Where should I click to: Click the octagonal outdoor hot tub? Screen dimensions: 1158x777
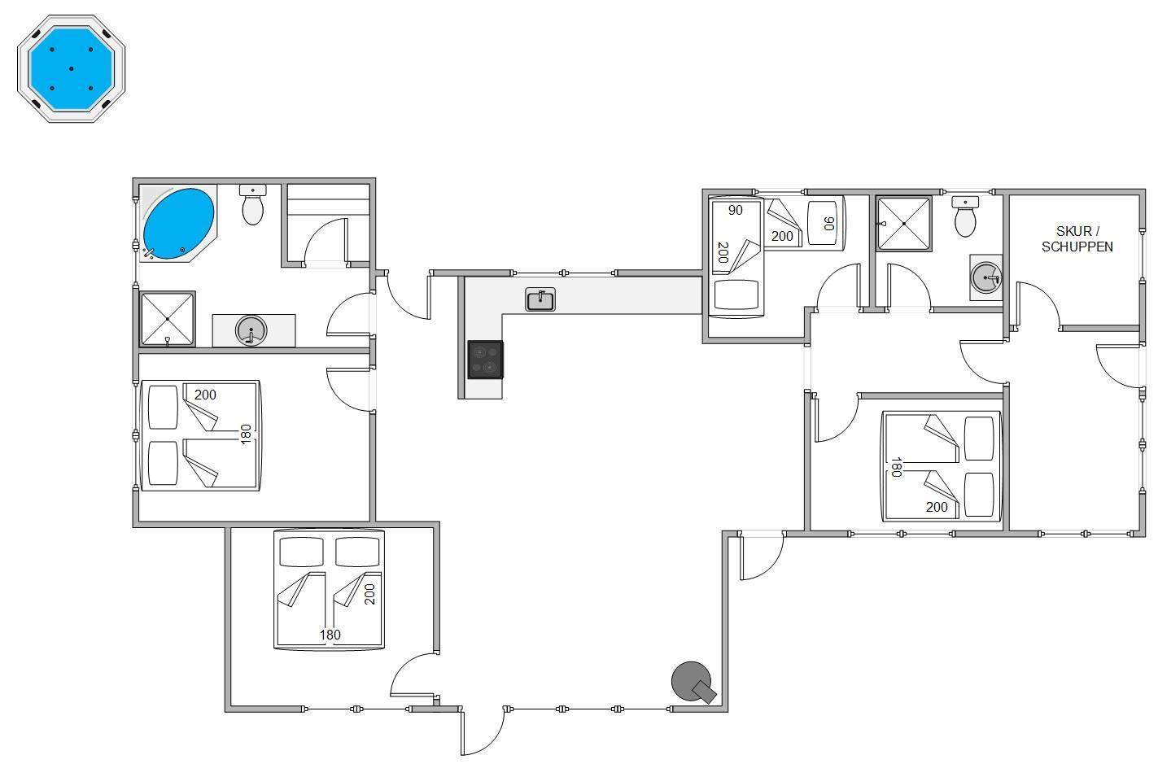pos(72,69)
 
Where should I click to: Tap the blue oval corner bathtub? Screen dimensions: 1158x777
pos(178,223)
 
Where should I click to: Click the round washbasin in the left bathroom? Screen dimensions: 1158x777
pos(251,330)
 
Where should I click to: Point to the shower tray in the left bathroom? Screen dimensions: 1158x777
pos(168,319)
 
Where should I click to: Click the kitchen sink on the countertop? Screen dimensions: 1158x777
pos(540,299)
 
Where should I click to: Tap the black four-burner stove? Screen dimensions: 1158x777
pos(486,360)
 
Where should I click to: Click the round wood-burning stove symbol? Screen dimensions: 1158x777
pos(692,681)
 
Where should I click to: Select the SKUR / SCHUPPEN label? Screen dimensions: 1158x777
pos(1077,239)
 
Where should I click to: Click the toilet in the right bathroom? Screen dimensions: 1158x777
pos(965,216)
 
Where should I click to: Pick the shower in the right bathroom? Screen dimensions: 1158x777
pos(903,224)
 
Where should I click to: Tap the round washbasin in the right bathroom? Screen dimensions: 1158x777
pos(985,277)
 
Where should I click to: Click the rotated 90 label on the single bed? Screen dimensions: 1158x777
pos(828,223)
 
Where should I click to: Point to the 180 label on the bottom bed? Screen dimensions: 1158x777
pos(330,635)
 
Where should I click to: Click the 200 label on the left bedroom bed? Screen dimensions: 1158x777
pos(205,395)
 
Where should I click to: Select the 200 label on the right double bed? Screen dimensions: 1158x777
pos(937,507)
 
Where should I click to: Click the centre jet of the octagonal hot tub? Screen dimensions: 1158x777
pos(72,69)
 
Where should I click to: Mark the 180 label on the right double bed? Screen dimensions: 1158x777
pos(896,467)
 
